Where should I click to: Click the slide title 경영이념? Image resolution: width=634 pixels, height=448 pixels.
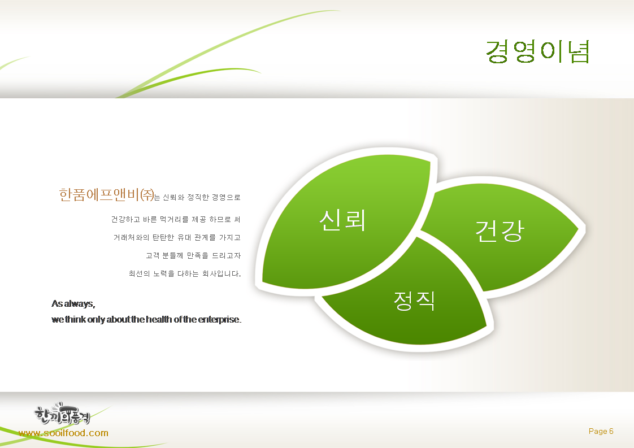pos(538,51)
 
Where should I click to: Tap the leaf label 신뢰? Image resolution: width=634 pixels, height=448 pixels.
pos(342,220)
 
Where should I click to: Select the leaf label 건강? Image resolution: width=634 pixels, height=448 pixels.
pos(500,231)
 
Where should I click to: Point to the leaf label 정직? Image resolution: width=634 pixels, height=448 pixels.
pos(414,301)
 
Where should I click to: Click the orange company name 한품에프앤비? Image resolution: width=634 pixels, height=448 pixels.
pos(99,194)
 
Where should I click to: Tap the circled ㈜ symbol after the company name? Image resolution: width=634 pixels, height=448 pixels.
pos(147,195)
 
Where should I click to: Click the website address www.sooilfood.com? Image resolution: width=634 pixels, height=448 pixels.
pos(63,433)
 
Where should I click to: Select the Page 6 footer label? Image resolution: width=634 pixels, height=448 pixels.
pos(601,431)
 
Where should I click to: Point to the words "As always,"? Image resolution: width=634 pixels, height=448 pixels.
pos(73,303)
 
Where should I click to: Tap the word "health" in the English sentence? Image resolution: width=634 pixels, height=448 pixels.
pos(159,319)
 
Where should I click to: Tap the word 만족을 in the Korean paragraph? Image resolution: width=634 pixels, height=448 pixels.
pos(197,255)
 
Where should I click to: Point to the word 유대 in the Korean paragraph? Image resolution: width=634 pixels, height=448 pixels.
pos(184,237)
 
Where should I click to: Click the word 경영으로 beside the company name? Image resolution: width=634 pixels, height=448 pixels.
pos(226,197)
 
